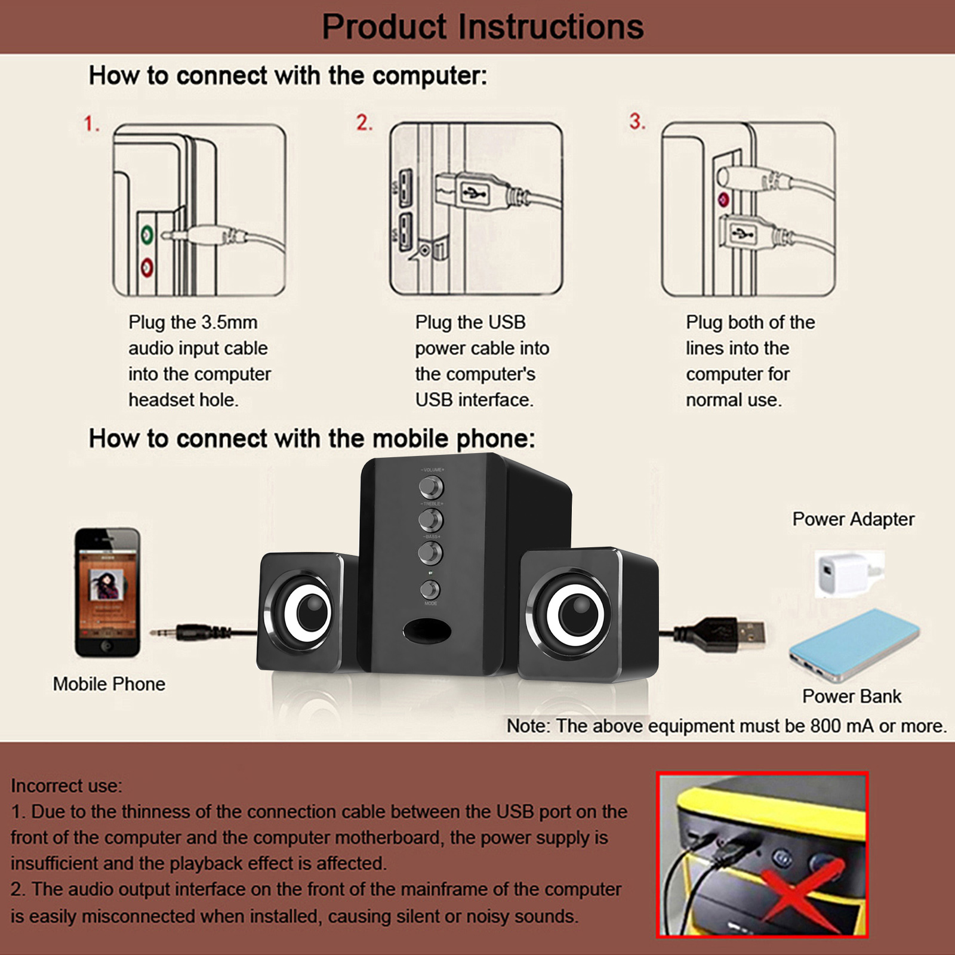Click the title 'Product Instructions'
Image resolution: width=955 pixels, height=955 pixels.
(482, 27)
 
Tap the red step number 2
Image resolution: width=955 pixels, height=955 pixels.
(364, 122)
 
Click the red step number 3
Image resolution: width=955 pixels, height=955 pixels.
(637, 122)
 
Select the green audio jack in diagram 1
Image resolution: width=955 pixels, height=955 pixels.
(147, 235)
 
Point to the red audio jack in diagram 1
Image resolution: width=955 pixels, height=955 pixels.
(147, 267)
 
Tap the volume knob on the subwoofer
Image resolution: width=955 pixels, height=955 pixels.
(430, 488)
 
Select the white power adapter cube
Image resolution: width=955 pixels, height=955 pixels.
(844, 573)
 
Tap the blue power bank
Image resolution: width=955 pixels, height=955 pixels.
(854, 645)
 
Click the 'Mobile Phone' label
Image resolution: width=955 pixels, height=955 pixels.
(109, 684)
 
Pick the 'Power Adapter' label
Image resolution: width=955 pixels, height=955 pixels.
(853, 519)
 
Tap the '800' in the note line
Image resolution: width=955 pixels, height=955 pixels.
(825, 726)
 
